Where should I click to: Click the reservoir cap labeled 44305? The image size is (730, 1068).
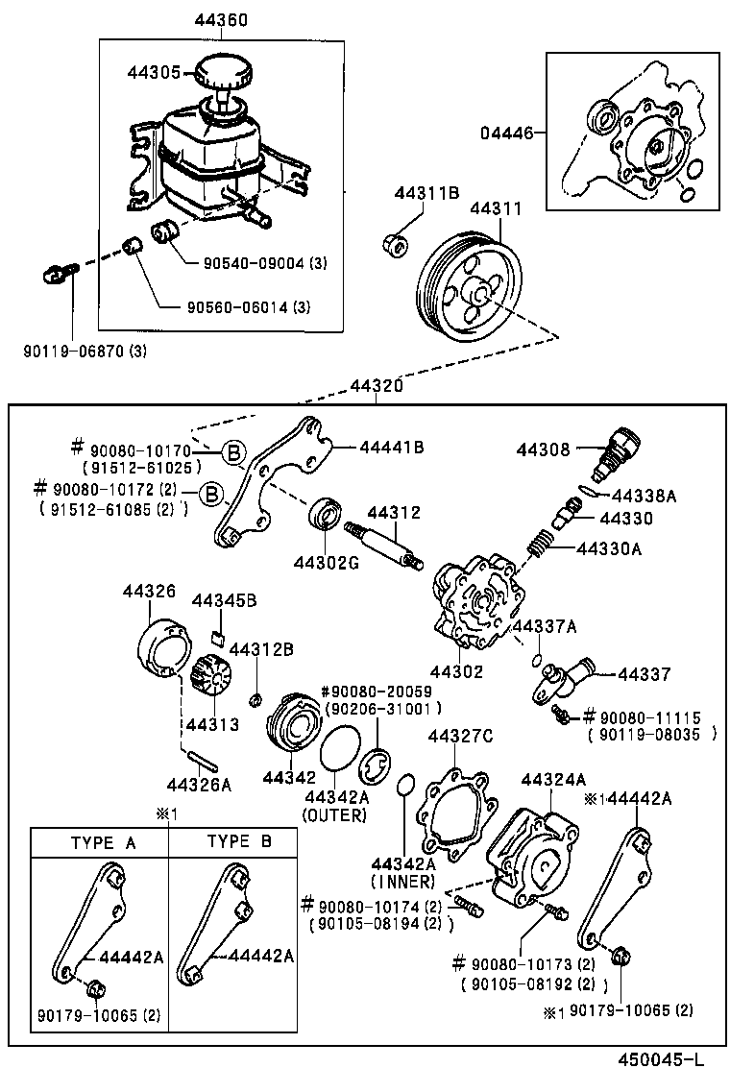pyautogui.click(x=223, y=72)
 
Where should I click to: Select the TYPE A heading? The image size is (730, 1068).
pyautogui.click(x=103, y=842)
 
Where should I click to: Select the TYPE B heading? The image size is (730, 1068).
pyautogui.click(x=239, y=842)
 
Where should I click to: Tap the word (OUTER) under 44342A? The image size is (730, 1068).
pyautogui.click(x=334, y=815)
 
